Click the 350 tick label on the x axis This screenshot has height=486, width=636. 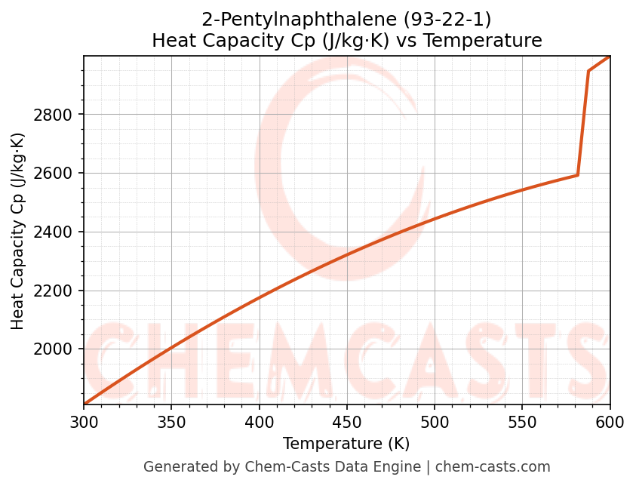pos(171,423)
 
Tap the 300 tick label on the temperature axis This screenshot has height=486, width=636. pos(84,423)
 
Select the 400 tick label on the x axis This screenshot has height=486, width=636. pos(259,423)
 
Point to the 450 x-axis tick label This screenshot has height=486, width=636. pos(347,423)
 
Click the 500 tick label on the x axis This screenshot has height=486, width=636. pos(435,423)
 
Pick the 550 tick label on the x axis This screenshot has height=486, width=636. pos(522,423)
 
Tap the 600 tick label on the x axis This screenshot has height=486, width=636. pos(610,423)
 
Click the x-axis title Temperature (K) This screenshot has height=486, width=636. pos(346,444)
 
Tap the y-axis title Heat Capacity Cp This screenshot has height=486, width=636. pos(18,231)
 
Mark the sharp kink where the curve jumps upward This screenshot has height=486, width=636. pos(578,175)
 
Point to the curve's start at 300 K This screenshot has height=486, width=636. pos(84,404)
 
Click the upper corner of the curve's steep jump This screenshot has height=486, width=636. pos(588,71)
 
